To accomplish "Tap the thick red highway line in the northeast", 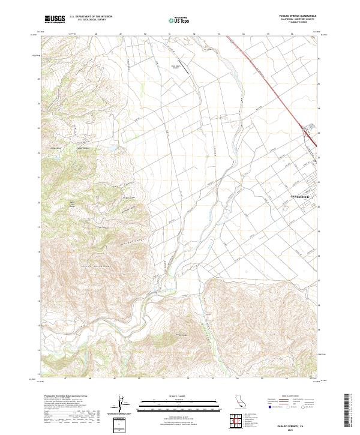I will tap(273, 84).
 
